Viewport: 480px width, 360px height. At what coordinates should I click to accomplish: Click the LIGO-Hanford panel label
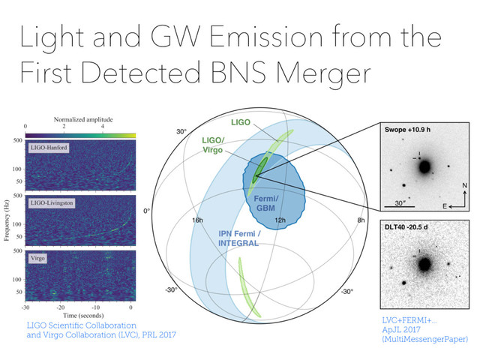50,148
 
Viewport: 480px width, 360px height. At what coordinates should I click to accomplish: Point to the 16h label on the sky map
197,220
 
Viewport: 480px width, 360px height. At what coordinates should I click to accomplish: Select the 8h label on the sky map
361,220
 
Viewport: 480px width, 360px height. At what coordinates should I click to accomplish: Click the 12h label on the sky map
280,220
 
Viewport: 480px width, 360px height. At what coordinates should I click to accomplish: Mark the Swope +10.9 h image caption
409,129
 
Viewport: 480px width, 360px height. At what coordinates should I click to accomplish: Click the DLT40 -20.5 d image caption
409,226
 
